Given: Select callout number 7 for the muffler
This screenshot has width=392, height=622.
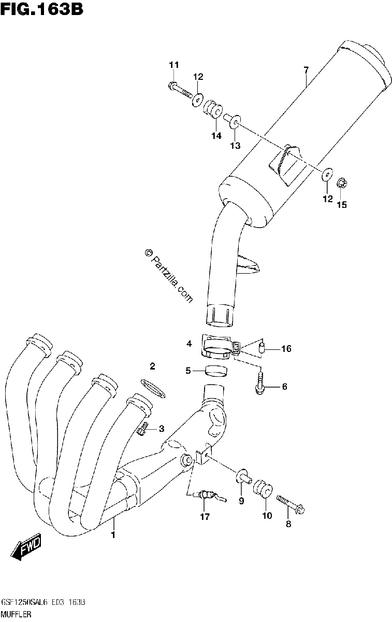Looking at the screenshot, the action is click(x=306, y=70).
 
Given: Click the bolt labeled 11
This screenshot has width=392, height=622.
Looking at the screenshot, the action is click(x=180, y=90).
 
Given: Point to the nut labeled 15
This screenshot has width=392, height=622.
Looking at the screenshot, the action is click(x=342, y=184).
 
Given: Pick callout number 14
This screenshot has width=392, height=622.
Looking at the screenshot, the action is click(x=216, y=135).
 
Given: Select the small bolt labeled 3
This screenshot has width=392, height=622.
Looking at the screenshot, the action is click(x=142, y=431).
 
